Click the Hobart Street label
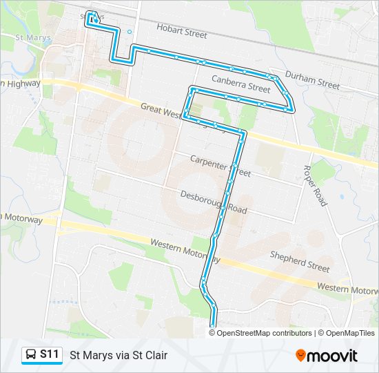click(182, 32)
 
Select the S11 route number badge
click(49, 354)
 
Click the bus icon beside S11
click(31, 355)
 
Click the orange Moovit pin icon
click(300, 355)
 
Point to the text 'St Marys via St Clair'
click(119, 355)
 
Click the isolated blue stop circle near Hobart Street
click(129, 31)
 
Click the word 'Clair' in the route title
click(155, 355)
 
